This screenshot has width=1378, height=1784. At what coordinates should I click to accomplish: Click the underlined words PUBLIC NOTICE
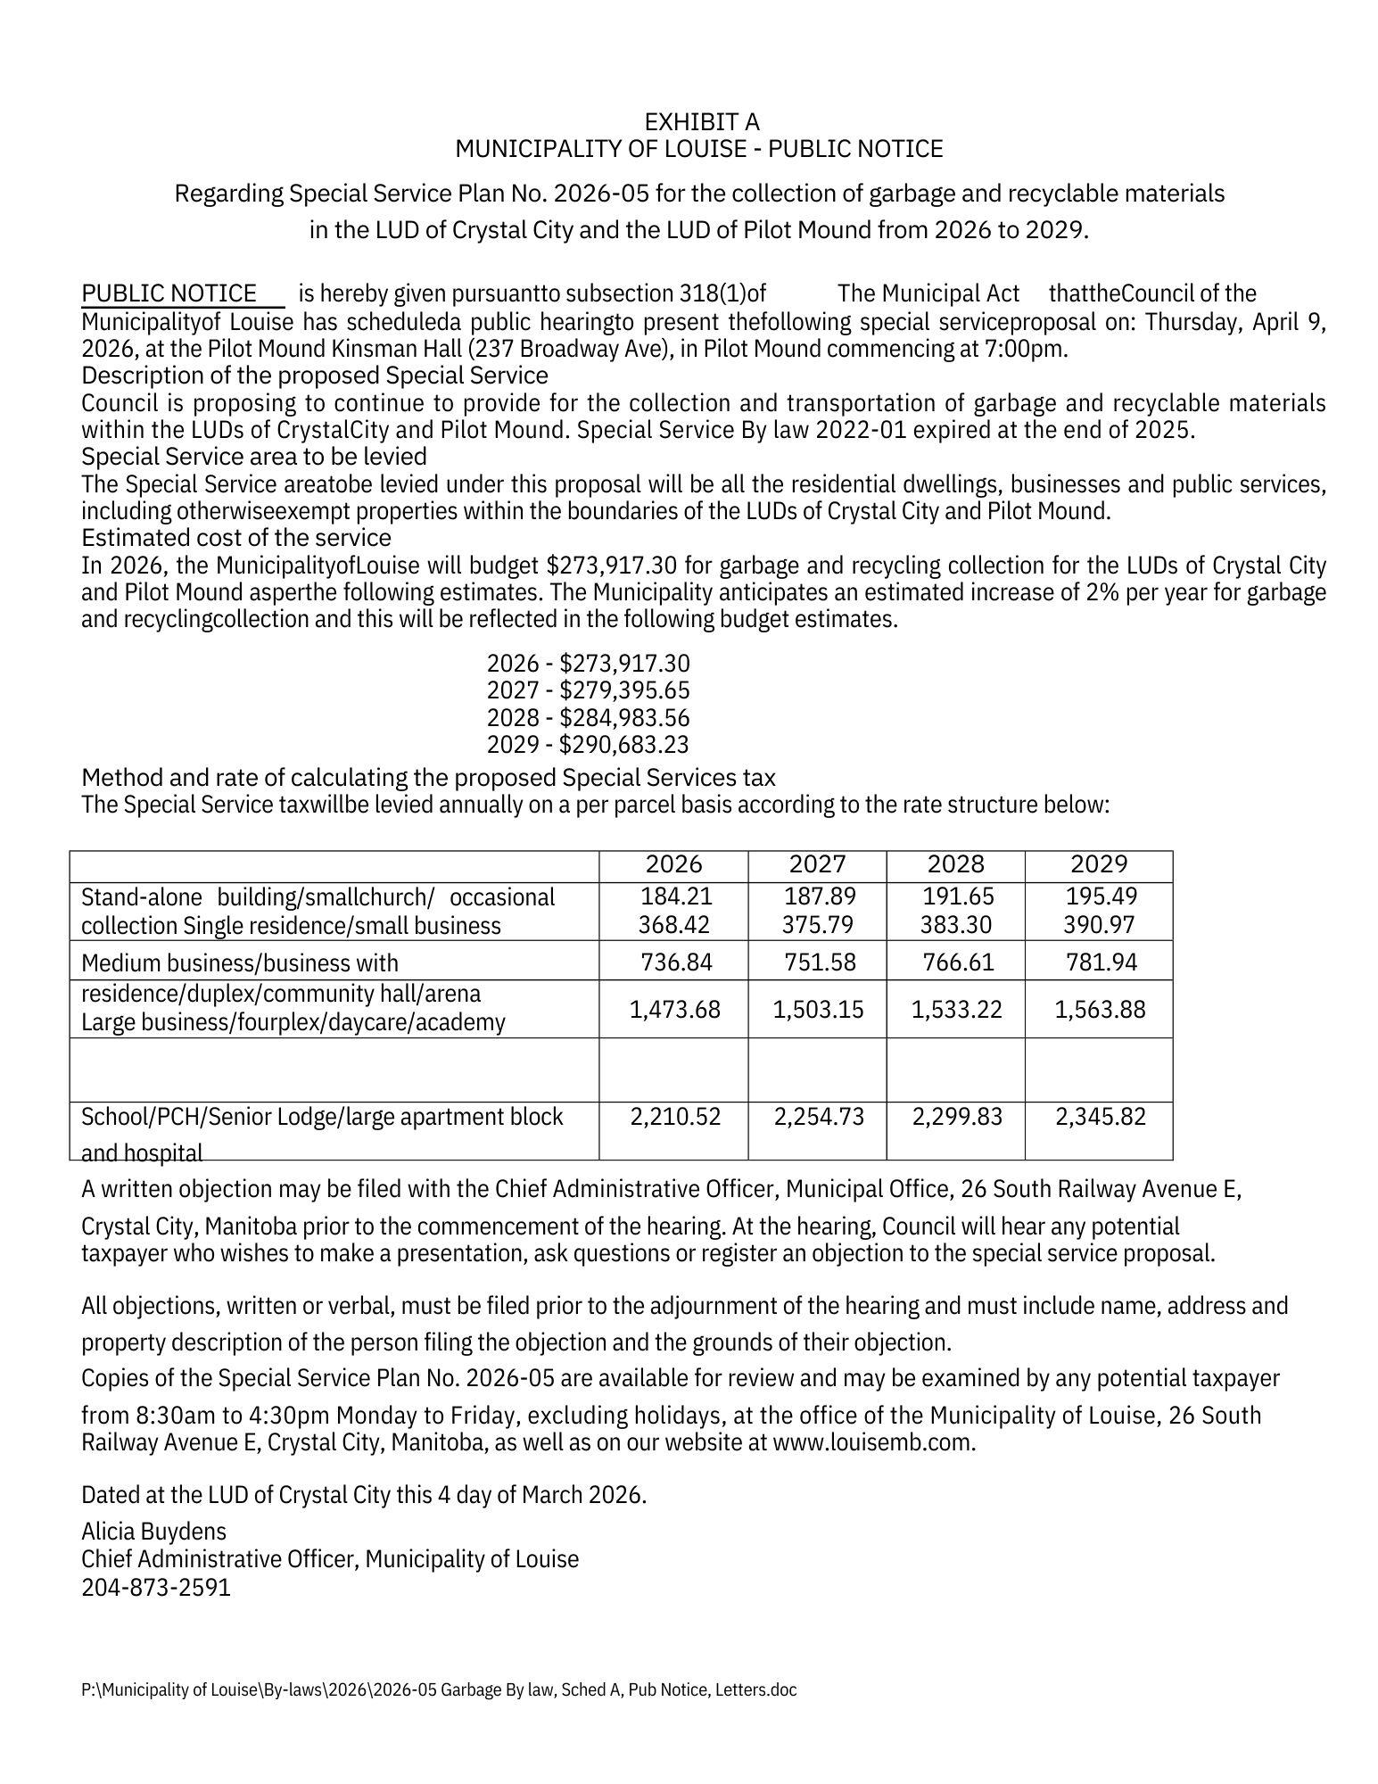[x=169, y=293]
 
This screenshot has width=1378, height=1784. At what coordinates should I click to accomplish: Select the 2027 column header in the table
[x=817, y=864]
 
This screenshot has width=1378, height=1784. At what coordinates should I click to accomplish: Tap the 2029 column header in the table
[x=1099, y=864]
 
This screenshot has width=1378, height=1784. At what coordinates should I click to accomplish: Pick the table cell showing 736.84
[x=674, y=962]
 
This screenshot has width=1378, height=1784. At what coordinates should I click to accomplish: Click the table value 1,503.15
[x=818, y=1010]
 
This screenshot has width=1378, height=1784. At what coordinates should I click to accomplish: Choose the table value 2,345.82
[x=1100, y=1117]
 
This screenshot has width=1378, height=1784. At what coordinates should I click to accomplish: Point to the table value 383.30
[x=956, y=925]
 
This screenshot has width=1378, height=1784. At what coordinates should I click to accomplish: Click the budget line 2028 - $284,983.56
[x=588, y=718]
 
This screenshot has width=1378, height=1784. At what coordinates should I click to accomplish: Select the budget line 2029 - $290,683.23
[x=588, y=745]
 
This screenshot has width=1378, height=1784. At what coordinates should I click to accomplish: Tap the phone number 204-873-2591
[x=156, y=1588]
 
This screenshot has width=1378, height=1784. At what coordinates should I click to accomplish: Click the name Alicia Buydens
[x=153, y=1532]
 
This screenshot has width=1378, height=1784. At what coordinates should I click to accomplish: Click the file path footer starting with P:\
[x=438, y=1690]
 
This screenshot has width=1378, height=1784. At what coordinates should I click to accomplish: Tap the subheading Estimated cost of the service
[x=236, y=538]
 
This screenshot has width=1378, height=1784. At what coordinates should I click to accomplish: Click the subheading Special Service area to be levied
[x=254, y=457]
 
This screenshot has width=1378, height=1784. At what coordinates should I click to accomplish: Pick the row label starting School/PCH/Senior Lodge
[x=322, y=1117]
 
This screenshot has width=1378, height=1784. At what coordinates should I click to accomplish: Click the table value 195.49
[x=1102, y=896]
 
